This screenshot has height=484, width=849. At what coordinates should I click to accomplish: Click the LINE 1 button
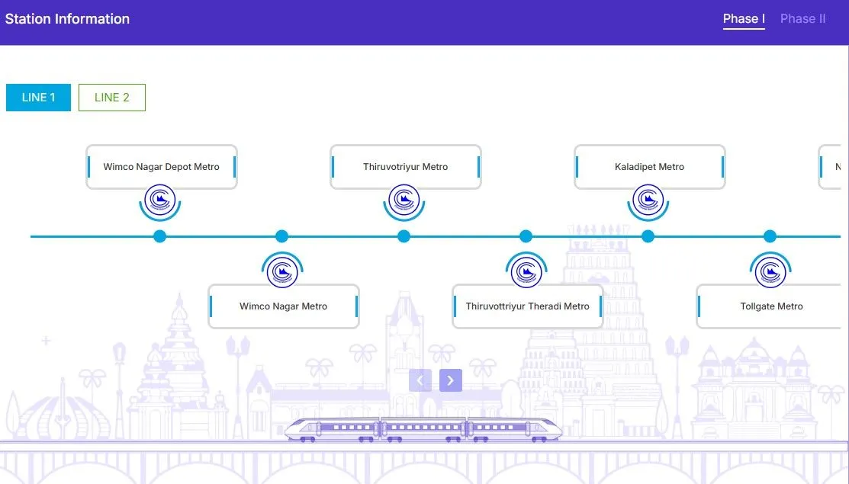(38, 98)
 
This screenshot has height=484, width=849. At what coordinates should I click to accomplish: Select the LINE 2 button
(111, 98)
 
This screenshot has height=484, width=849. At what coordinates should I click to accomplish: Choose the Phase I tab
(744, 19)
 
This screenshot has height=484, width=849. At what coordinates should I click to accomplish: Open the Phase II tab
(802, 19)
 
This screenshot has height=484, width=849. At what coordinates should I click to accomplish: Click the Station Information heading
(67, 19)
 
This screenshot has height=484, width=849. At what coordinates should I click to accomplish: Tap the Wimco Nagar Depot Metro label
(161, 167)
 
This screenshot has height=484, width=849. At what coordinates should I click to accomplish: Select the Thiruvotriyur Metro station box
(405, 167)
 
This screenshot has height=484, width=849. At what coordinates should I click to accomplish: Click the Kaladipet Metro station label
(649, 167)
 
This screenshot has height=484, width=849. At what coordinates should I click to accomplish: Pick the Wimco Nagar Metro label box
(283, 306)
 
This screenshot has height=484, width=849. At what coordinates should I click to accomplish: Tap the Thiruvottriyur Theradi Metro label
(527, 306)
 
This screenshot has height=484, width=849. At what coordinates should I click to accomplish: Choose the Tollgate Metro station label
(771, 306)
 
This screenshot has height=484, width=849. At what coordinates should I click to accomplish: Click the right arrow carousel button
(451, 380)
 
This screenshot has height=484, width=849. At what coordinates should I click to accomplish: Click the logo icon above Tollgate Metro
(770, 271)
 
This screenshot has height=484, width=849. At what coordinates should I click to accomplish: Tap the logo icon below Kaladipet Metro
(648, 201)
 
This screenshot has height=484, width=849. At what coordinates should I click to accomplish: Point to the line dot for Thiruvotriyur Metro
(404, 236)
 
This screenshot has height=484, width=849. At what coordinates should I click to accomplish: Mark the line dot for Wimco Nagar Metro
(281, 236)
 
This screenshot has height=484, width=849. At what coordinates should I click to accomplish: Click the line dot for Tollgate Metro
(770, 236)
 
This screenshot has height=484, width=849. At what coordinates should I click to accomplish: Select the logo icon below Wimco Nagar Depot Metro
(160, 201)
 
